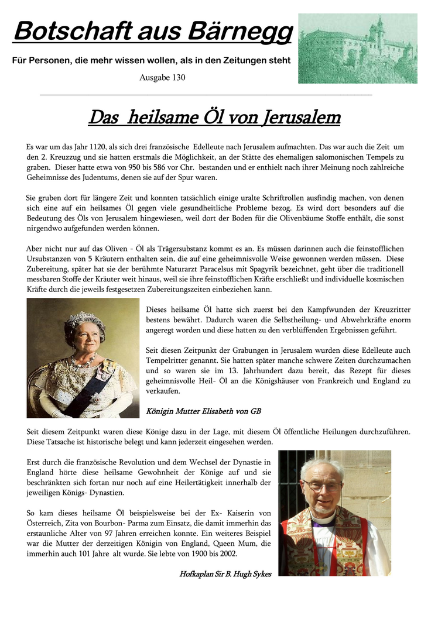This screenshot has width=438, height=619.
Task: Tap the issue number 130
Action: click(178, 78)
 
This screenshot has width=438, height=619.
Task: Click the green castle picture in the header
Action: click(357, 49)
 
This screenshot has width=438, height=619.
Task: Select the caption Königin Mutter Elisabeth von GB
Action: click(203, 411)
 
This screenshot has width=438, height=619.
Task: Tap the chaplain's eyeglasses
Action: click(321, 486)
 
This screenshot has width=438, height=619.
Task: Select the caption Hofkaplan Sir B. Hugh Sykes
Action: click(225, 574)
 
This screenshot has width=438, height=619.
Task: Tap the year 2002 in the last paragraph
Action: click(221, 553)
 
